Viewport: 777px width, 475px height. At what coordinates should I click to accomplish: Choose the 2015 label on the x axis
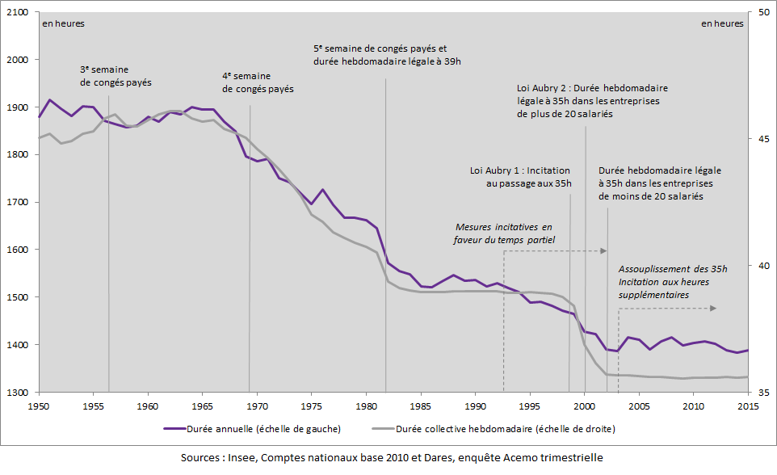(x=748, y=406)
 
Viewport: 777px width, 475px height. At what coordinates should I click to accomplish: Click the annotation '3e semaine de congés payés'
(x=115, y=76)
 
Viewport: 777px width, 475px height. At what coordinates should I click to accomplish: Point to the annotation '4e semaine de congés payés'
(x=258, y=82)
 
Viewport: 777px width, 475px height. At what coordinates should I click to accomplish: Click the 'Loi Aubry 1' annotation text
(x=520, y=177)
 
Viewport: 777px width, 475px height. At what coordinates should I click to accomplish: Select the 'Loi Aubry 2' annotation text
(x=591, y=101)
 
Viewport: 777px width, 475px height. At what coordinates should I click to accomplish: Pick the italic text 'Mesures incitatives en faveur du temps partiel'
(x=504, y=233)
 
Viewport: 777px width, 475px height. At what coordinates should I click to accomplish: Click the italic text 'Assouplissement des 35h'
(x=673, y=269)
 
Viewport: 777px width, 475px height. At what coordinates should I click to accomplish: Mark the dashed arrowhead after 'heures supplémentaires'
(x=713, y=308)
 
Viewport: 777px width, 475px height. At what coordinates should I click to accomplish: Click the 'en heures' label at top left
(x=63, y=23)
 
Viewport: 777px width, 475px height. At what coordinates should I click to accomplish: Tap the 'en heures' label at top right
(x=722, y=23)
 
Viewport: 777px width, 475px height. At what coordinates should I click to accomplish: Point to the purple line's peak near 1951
(x=50, y=100)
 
